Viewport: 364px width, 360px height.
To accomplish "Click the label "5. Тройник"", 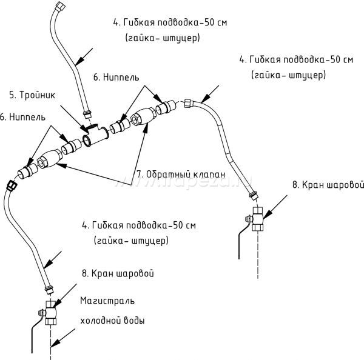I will [32, 95].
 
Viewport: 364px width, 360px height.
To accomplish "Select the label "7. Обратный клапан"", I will [181, 174].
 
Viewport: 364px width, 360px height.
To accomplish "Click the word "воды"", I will [136, 321].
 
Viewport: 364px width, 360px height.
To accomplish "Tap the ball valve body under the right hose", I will [257, 219].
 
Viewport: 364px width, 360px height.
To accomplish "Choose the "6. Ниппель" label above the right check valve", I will [116, 78].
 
